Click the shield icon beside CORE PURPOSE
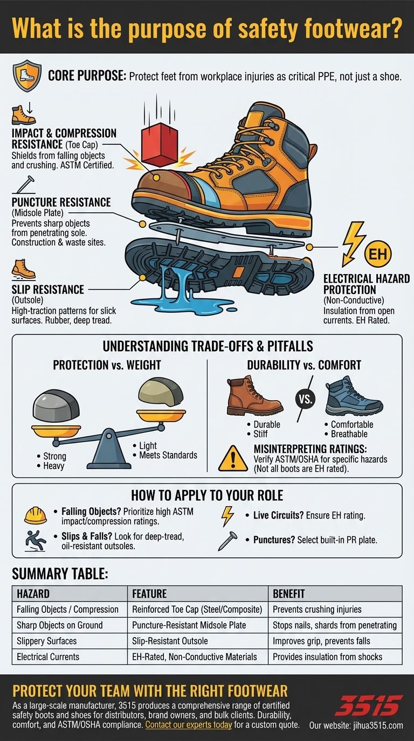tap(27, 76)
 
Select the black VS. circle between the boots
tap(305, 399)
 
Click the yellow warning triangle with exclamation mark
tap(233, 458)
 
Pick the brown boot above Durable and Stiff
tap(254, 396)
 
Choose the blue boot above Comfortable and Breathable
tap(354, 396)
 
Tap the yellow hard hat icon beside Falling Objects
tap(36, 516)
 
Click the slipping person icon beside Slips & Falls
tap(35, 541)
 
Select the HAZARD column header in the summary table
tap(33, 594)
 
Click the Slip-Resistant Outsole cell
tap(170, 641)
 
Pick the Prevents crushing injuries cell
tap(317, 610)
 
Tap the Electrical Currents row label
tap(48, 656)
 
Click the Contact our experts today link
tap(189, 725)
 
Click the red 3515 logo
tap(369, 705)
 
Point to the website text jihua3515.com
tap(378, 725)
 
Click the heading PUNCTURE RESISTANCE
tap(61, 202)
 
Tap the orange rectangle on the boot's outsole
tap(238, 272)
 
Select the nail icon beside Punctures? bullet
tap(227, 541)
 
